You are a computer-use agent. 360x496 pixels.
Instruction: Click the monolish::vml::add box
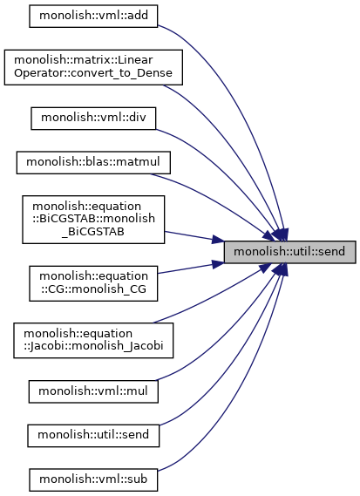93,16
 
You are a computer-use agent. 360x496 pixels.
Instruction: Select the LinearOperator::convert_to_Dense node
93,67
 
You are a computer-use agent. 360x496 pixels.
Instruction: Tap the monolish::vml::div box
93,118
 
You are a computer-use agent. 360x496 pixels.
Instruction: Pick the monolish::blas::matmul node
93,163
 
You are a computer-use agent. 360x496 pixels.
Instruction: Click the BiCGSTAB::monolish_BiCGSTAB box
93,220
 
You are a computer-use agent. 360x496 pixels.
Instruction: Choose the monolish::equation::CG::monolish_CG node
93,283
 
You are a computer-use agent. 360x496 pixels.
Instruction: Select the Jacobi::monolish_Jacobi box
93,340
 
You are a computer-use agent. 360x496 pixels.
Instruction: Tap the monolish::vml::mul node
93,391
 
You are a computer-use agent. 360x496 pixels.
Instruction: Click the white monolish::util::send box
93,436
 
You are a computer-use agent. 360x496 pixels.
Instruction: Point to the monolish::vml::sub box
93,479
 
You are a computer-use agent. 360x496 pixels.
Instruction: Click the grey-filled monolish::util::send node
290,252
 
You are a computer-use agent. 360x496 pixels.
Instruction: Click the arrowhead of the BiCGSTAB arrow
218,240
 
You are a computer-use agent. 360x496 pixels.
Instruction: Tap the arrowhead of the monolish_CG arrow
218,264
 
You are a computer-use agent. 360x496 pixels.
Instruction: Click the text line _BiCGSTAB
93,232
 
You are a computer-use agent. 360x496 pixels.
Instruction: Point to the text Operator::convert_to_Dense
93,73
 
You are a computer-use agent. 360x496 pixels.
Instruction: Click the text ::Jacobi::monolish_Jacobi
93,345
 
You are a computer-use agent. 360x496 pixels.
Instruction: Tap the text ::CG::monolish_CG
93,289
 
